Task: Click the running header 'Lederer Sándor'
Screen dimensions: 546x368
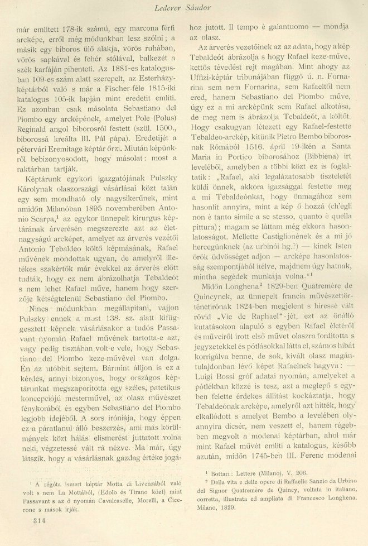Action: tap(183, 7)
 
